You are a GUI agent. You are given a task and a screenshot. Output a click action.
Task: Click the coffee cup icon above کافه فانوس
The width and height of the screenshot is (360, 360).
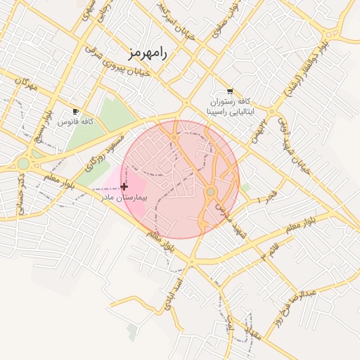tap(76, 111)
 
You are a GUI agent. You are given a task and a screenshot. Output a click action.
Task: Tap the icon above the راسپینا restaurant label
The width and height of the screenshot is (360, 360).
tap(231, 91)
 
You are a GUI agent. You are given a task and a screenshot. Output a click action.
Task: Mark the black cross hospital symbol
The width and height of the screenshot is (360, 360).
tap(124, 186)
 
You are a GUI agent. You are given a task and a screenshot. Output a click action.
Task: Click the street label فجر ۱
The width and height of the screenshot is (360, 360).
tap(269, 197)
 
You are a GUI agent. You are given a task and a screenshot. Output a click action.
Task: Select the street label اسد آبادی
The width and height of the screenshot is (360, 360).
tap(174, 295)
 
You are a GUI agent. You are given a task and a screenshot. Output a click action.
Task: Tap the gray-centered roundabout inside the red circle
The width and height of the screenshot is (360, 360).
tap(210, 192)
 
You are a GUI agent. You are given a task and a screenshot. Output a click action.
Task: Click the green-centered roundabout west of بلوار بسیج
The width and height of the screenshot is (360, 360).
tap(23, 163)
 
